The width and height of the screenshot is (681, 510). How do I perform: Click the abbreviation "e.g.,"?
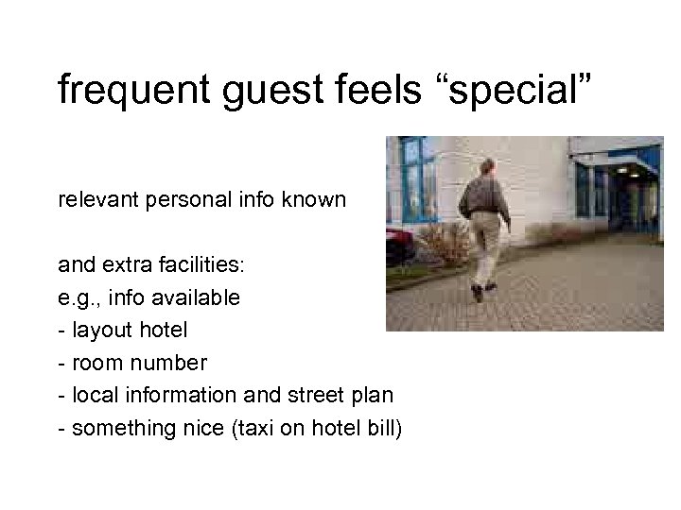79,298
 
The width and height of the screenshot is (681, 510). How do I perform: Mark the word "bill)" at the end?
380,429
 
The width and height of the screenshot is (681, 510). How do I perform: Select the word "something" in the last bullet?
113,429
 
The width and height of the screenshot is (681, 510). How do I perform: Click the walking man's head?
486,169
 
